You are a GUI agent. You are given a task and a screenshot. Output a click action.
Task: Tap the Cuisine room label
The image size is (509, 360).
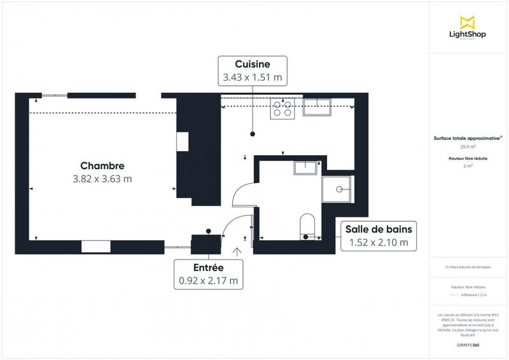tap(253, 64)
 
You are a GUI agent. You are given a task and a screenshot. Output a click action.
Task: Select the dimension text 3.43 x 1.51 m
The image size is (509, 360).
tap(253, 78)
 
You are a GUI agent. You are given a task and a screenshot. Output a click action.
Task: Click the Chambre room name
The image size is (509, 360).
tap(102, 165)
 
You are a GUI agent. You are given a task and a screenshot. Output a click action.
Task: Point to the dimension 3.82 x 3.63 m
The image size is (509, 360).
tap(102, 179)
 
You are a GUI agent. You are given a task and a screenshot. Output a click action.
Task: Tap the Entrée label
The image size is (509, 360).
tap(208, 267)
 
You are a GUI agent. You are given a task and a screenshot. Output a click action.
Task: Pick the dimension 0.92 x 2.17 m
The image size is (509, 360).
tap(208, 280)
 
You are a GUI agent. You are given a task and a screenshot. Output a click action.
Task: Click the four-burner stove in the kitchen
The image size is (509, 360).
tap(283, 109)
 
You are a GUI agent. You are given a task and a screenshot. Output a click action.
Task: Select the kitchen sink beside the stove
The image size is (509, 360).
tap(317, 107)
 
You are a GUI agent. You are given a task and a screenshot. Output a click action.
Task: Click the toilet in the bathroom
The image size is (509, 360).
tap(307, 226)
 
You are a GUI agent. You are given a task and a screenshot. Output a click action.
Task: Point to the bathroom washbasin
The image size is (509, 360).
tap(308, 168)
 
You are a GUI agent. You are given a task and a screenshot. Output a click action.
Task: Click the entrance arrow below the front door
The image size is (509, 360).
tap(237, 252)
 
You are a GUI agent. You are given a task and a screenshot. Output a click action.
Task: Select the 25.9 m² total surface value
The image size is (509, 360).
tap(468, 146)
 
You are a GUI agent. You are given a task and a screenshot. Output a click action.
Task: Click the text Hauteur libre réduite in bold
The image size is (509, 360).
tap(468, 158)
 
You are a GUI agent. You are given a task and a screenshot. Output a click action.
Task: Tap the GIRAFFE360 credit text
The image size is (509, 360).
tap(468, 344)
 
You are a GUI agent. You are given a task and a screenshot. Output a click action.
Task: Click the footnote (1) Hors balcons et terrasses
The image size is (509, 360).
tap(468, 267)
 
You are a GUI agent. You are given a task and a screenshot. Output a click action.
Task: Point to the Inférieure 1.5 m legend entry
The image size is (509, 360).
tap(473, 295)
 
